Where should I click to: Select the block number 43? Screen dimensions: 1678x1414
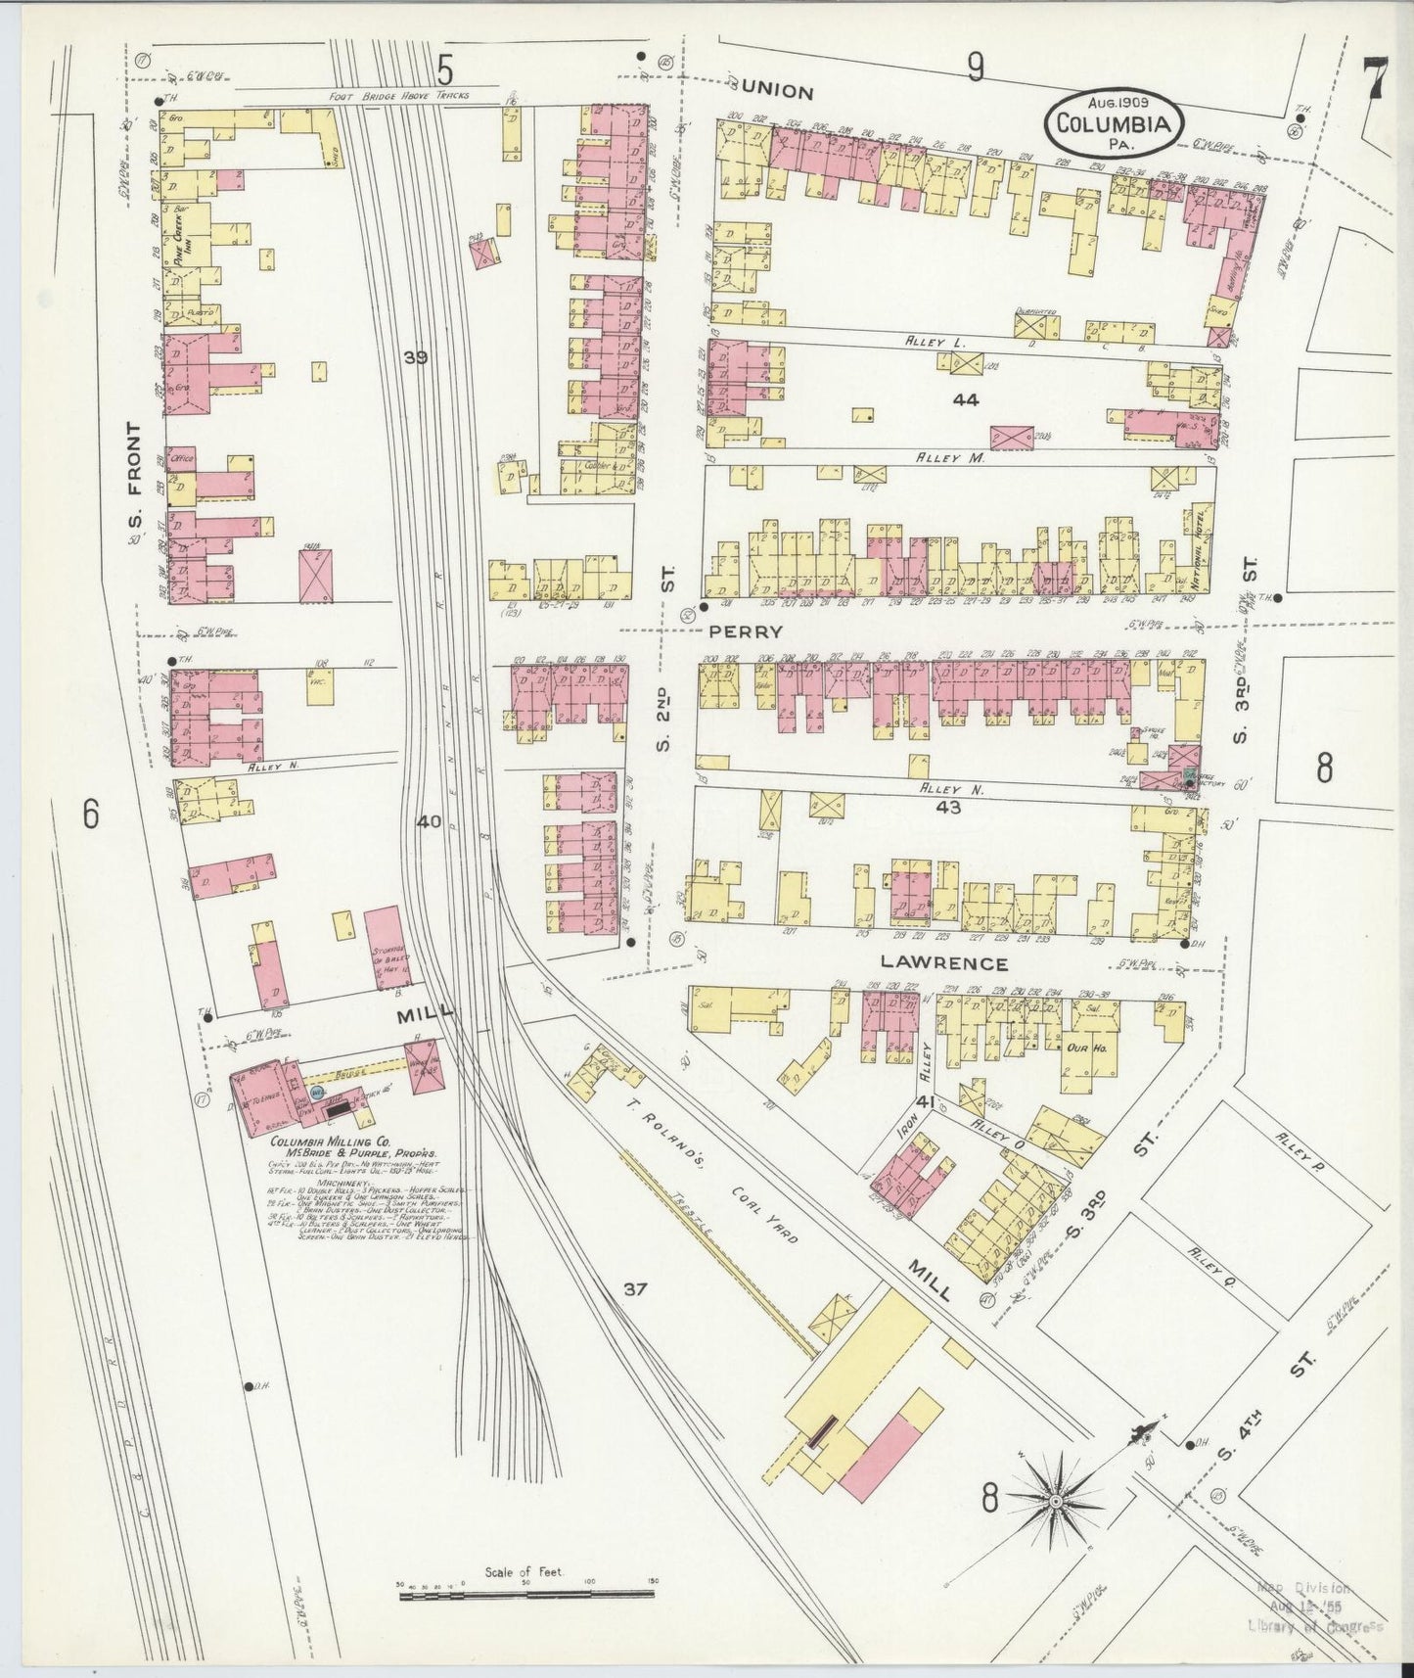click(948, 808)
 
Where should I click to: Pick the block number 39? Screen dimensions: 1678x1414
click(416, 358)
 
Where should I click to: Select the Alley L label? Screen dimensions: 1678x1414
click(943, 343)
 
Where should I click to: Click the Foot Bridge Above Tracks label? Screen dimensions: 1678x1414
click(402, 95)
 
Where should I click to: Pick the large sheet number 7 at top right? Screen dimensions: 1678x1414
click(1374, 78)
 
